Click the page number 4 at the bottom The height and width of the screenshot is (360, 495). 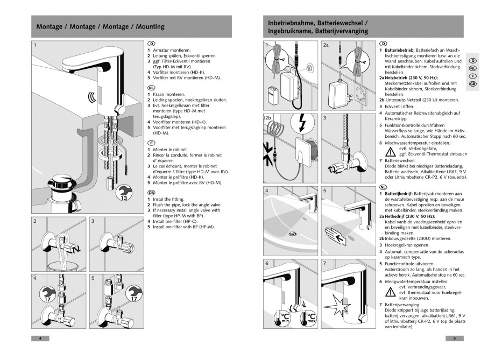click(x=40, y=338)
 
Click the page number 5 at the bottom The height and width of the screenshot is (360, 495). click(x=455, y=338)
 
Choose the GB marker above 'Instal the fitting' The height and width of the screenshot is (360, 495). click(x=151, y=192)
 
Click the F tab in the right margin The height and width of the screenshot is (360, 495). click(x=472, y=76)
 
